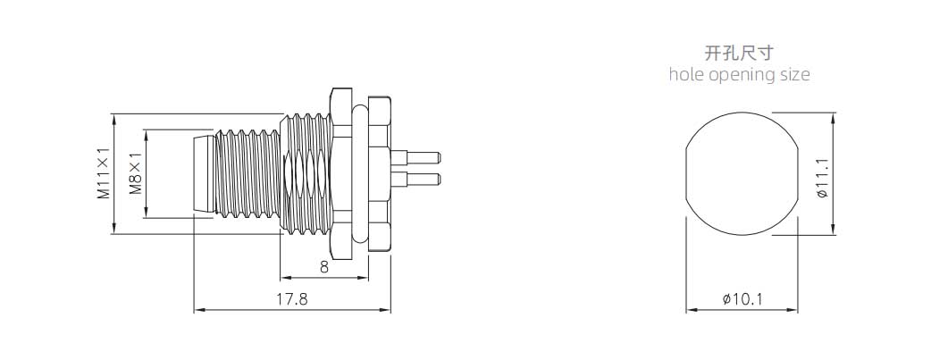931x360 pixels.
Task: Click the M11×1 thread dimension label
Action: point(104,173)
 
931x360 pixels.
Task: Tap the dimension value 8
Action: point(324,267)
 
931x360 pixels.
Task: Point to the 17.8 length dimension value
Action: point(292,299)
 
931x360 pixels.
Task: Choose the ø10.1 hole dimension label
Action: point(742,299)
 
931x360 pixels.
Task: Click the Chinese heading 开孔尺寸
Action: point(739,53)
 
